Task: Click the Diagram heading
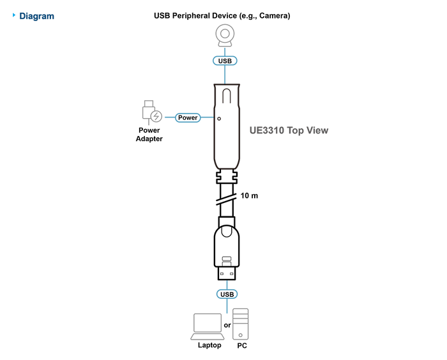36,16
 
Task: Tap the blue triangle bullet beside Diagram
13,15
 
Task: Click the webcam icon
225,36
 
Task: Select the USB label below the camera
225,61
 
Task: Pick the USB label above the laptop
227,294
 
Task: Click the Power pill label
188,117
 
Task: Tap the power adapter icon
152,112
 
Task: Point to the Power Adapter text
149,135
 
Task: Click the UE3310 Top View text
289,130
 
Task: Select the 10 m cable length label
249,195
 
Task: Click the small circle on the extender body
219,119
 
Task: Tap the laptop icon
208,327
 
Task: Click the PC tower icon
240,324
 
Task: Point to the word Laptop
209,345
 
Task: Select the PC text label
242,345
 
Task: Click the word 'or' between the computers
227,326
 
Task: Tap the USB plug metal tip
227,273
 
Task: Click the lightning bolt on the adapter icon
156,116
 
